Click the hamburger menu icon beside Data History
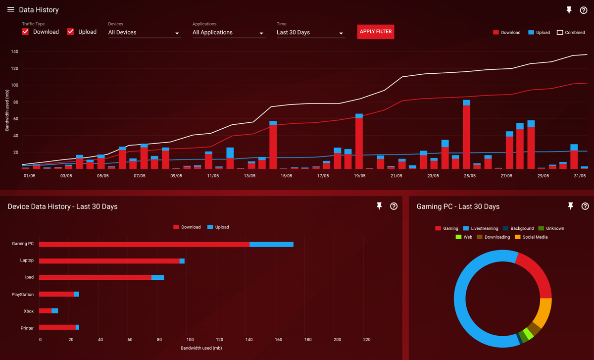11,10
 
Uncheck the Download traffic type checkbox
26,32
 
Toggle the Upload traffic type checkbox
71,32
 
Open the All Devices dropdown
144,33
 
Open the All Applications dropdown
228,33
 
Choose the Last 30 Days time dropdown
310,33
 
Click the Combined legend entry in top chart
571,33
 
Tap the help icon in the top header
584,10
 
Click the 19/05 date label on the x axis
359,176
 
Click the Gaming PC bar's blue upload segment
271,244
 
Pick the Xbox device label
29,311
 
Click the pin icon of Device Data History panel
379,206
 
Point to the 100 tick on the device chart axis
190,340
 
